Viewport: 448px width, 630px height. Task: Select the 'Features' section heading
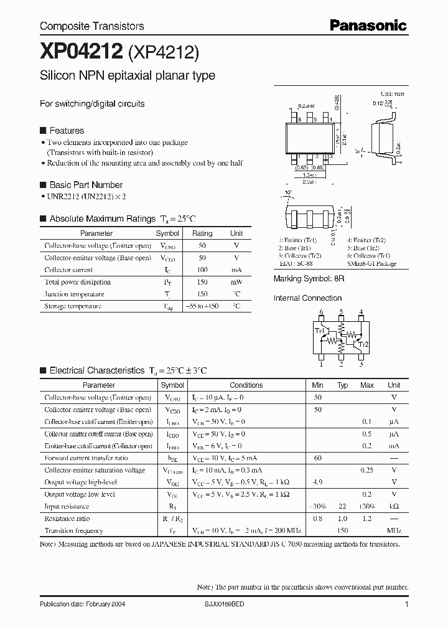tap(67, 131)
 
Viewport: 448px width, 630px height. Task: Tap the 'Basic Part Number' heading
tap(86, 185)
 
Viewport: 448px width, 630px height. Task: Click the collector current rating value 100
tap(202, 270)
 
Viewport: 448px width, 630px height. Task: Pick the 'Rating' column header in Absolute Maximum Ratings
tap(202, 233)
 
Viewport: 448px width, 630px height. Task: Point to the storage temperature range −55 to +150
tap(202, 306)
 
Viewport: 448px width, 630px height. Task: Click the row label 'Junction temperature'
tap(74, 294)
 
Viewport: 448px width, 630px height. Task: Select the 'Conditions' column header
tap(246, 385)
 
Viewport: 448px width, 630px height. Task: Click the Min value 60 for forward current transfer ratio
tap(318, 458)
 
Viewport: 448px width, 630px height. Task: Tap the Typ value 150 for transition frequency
tap(342, 531)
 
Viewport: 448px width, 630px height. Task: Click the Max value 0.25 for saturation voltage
tap(367, 471)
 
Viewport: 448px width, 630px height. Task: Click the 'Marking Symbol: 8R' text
tap(309, 279)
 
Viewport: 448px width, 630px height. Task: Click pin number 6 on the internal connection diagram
tap(321, 312)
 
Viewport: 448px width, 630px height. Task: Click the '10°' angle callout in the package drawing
tap(288, 193)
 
